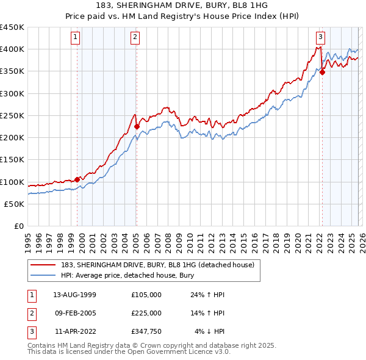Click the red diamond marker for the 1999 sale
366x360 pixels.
[77, 179]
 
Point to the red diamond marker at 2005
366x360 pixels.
[137, 127]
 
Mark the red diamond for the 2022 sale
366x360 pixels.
[322, 72]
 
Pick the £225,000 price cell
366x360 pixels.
[146, 313]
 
